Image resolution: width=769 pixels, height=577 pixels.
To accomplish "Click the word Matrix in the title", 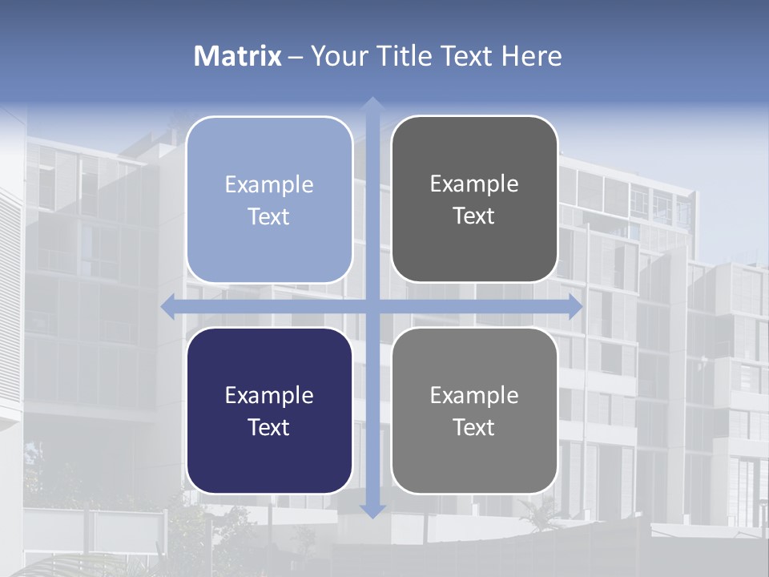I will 238,56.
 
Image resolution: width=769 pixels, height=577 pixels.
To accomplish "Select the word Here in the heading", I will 531,56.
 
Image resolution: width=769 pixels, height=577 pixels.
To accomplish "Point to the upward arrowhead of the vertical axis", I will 372,104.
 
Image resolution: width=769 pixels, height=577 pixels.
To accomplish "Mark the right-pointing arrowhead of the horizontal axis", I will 574,306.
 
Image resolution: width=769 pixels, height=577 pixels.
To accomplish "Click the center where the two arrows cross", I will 372,306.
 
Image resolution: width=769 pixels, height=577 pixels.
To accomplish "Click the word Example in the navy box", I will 269,395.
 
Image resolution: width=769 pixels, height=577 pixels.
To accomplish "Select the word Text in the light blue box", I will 269,216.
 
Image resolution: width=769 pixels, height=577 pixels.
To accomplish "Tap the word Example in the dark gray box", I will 474,184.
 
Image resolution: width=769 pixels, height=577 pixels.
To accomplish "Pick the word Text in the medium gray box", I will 474,427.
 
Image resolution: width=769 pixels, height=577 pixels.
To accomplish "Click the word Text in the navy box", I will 269,427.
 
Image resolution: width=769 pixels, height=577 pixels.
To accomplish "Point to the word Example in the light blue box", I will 269,184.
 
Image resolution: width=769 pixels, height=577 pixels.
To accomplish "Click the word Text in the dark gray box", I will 474,216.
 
